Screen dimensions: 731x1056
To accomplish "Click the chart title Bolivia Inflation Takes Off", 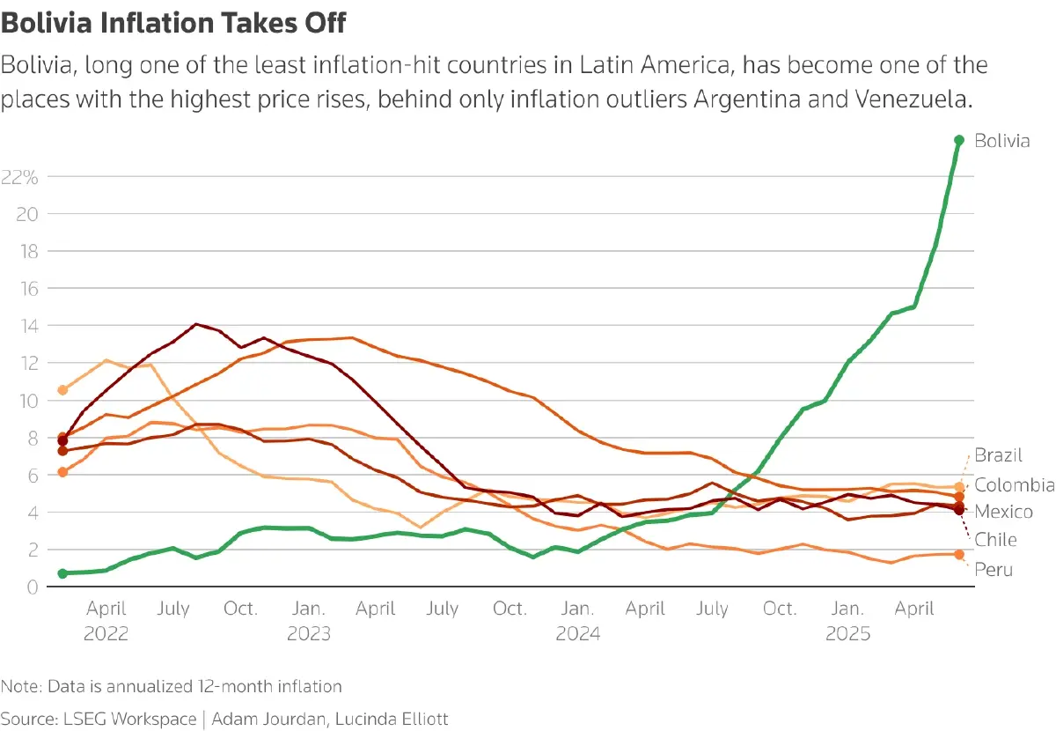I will pos(173,23).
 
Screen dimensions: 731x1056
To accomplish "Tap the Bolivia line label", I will pos(1002,141).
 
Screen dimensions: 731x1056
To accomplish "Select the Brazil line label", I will pos(998,455).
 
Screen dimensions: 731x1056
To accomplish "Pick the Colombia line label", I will pos(1014,484).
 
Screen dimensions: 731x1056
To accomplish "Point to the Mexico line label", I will pos(1003,512).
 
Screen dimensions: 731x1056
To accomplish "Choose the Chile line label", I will pos(995,540).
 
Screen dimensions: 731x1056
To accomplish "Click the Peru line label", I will pos(994,570).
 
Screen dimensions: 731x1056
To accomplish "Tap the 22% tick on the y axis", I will pos(19,177).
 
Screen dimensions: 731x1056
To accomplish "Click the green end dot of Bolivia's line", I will pos(959,140).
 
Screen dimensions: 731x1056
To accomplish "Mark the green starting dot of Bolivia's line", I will pos(62,573).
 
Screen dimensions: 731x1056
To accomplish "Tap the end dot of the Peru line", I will pos(959,554).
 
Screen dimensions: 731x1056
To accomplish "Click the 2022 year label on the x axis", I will pos(106,634).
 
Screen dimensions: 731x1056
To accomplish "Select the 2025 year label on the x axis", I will pos(847,634).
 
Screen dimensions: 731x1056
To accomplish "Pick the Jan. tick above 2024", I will pos(578,609).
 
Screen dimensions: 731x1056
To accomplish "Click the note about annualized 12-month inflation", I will pos(172,686).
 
